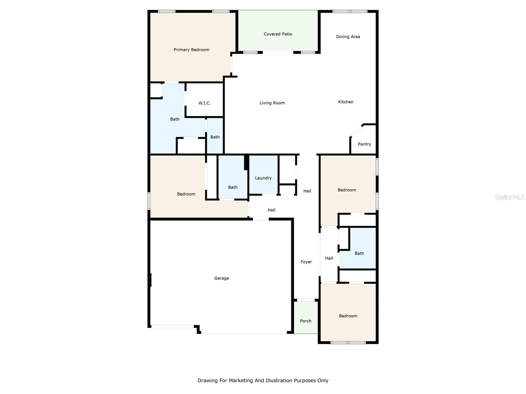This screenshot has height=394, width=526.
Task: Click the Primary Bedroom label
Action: click(x=191, y=50)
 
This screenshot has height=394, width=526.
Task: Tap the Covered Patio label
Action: click(x=278, y=34)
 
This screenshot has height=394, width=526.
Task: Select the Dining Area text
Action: click(x=348, y=36)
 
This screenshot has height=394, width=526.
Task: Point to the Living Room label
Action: click(x=272, y=103)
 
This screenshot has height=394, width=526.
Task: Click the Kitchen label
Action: click(x=346, y=102)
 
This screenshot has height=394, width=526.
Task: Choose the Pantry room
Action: click(x=364, y=144)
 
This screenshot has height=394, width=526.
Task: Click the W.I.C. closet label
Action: click(x=204, y=103)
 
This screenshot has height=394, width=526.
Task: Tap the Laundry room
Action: click(x=263, y=178)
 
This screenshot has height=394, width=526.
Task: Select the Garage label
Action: click(x=221, y=278)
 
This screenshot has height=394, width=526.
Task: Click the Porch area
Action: click(x=305, y=321)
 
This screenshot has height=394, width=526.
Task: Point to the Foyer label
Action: click(x=306, y=262)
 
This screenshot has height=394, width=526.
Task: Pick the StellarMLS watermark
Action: click(x=509, y=197)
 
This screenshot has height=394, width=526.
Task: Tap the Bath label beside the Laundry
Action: click(x=232, y=187)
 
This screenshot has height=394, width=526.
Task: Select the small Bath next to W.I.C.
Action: click(x=215, y=137)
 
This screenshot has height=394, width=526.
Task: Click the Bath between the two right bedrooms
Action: click(x=359, y=253)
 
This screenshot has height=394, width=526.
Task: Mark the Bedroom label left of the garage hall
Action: click(x=186, y=194)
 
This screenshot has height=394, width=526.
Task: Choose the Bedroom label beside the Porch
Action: click(x=348, y=316)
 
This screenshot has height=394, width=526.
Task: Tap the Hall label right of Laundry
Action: click(x=307, y=191)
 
